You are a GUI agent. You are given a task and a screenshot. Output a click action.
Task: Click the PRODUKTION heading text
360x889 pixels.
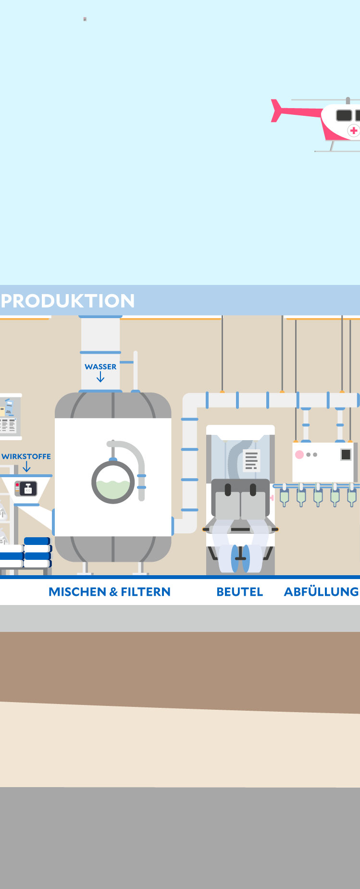tap(68, 301)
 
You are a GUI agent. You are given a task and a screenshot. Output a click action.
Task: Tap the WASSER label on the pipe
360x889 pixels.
tap(100, 367)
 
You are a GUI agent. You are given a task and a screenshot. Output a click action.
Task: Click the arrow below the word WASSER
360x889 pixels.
tap(100, 378)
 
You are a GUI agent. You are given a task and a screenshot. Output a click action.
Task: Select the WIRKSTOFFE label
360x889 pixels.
tap(26, 457)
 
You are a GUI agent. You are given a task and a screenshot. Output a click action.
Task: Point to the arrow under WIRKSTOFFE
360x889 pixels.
tap(26, 467)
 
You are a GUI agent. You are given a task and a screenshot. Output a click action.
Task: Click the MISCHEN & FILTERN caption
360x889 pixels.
tap(110, 592)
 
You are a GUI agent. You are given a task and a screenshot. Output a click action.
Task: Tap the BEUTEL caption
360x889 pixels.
tap(240, 592)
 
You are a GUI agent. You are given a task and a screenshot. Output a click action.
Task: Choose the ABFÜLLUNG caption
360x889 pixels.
tap(322, 592)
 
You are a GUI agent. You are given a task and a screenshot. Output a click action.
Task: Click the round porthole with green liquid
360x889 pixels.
tap(113, 482)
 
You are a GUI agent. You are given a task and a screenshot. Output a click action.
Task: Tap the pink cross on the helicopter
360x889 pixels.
tap(354, 130)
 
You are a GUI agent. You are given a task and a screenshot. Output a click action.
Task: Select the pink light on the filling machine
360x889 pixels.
tap(299, 455)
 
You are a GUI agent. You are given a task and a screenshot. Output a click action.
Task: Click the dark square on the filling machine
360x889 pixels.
tap(346, 455)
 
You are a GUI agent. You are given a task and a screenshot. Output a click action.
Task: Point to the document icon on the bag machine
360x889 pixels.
tap(251, 460)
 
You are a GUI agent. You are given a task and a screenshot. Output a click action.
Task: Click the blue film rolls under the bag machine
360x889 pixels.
tap(240, 558)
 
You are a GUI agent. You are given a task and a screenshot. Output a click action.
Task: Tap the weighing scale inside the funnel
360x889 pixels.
tap(26, 489)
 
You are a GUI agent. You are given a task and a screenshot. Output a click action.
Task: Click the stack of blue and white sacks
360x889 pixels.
tap(26, 553)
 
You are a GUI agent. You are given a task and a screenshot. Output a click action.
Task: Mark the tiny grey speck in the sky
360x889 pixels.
tap(85, 19)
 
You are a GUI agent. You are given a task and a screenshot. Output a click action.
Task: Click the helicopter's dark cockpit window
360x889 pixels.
tap(344, 115)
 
